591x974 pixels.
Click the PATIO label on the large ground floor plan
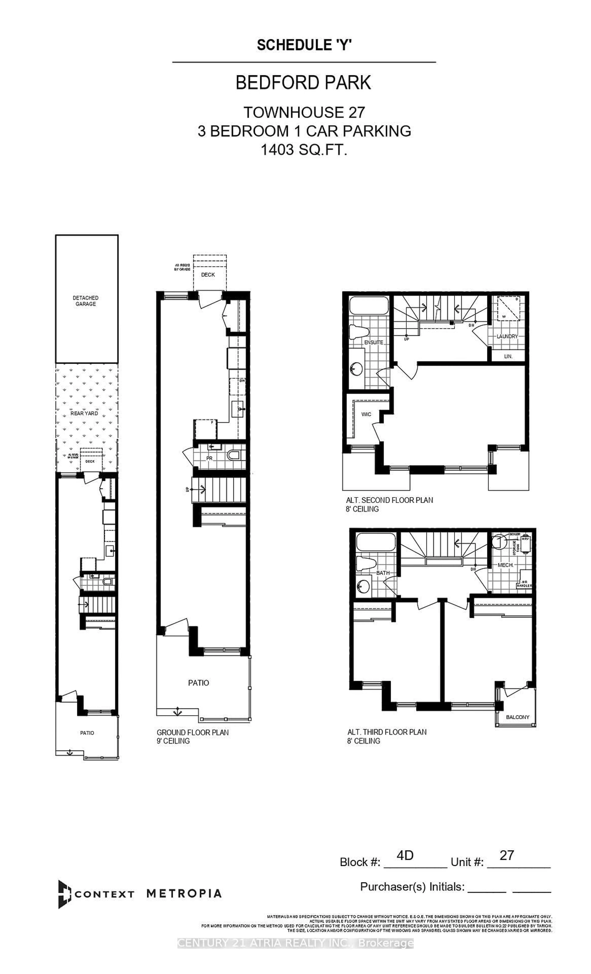point(198,683)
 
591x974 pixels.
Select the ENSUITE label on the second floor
point(373,342)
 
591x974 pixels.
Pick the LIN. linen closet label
point(508,356)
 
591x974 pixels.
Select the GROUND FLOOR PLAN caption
point(192,732)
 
